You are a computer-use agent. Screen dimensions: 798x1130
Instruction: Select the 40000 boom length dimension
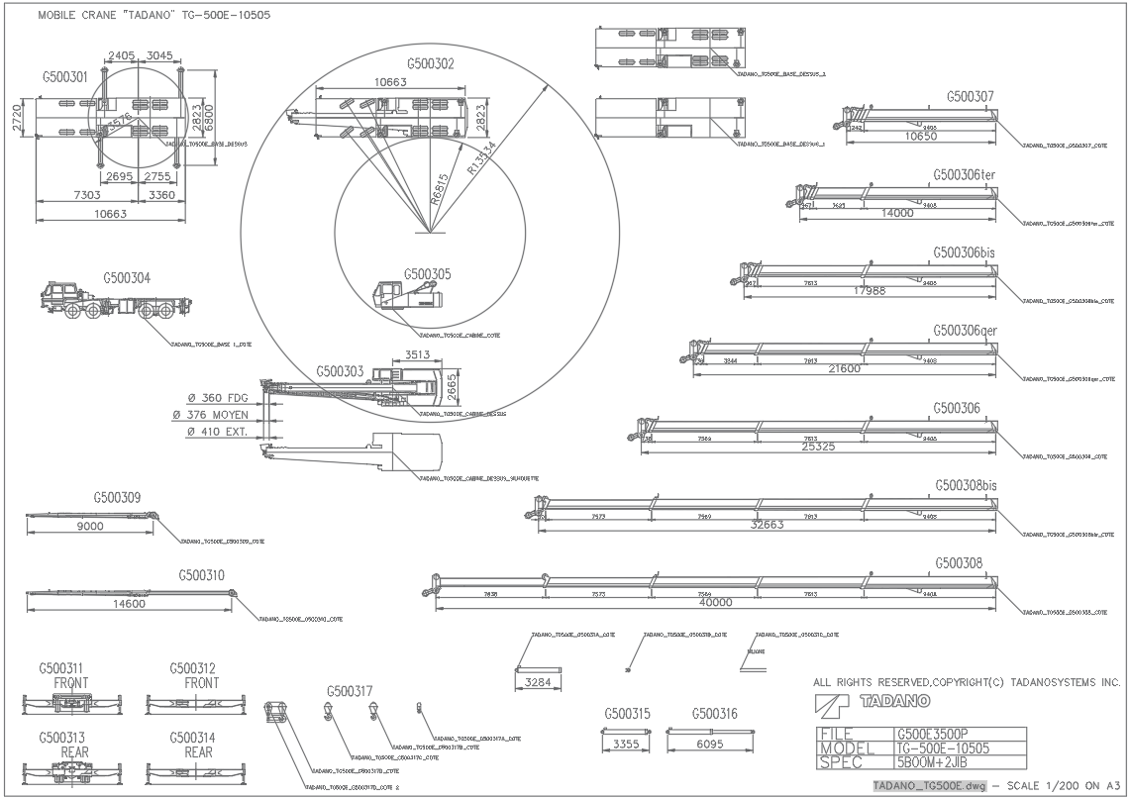[715, 602]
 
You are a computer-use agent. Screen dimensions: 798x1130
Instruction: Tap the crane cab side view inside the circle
[407, 298]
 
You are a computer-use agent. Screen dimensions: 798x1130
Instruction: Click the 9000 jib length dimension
[90, 527]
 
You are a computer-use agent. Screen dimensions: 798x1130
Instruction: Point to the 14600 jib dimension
[129, 603]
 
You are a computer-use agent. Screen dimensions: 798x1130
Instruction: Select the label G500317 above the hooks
[350, 691]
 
